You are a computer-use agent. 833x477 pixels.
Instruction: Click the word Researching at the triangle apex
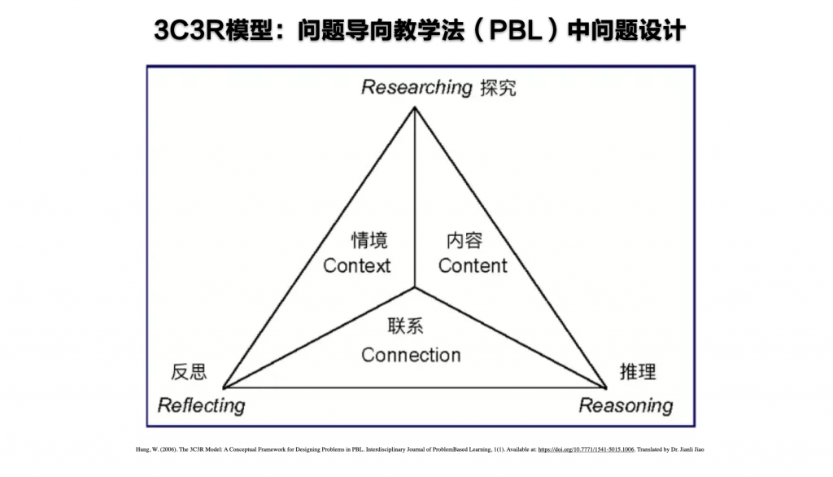(416, 87)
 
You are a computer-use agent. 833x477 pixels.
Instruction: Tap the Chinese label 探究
(498, 87)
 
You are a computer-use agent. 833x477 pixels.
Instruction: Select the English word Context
(356, 265)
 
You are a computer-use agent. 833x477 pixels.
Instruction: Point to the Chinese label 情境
(369, 240)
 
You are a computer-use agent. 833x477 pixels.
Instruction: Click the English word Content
(473, 265)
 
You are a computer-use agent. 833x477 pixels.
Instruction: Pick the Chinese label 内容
(464, 240)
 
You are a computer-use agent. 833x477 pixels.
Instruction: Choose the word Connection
(411, 355)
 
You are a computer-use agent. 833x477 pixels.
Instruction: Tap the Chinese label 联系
(406, 326)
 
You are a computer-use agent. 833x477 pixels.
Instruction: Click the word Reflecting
(200, 405)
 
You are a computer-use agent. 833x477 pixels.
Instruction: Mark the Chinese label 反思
(189, 372)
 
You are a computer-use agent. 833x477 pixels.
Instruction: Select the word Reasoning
(626, 405)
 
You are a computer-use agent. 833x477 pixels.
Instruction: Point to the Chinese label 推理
(637, 372)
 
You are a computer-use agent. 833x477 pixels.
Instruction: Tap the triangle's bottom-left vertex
(223, 388)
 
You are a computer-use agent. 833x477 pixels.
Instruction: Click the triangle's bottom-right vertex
(607, 388)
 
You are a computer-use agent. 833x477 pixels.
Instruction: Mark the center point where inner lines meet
(415, 287)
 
